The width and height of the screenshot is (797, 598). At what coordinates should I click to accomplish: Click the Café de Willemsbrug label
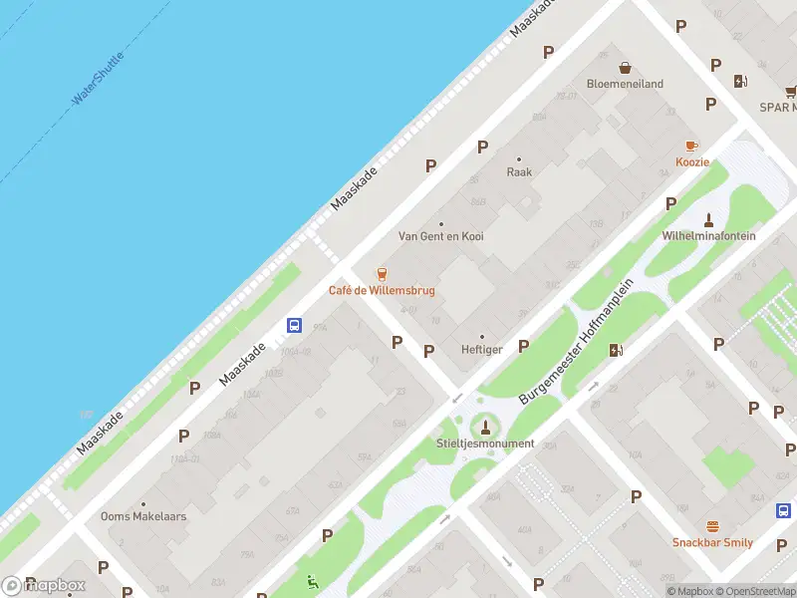click(382, 291)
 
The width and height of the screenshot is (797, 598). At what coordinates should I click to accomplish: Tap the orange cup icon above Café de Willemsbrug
click(381, 273)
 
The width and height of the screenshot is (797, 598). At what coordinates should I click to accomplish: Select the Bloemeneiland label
click(625, 85)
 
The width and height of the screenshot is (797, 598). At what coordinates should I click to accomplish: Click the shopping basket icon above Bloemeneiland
click(625, 68)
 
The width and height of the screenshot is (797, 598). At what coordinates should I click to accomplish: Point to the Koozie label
click(692, 162)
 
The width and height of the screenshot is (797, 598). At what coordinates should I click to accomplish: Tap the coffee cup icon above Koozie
click(692, 146)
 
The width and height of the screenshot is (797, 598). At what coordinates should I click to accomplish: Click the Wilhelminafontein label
click(709, 236)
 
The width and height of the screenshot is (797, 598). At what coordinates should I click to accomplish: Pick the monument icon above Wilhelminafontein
click(709, 219)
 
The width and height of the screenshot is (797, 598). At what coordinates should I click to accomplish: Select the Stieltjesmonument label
click(485, 444)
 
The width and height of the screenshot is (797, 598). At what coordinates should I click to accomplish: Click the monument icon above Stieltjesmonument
click(485, 426)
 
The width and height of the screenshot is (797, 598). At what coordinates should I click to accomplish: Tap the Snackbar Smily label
click(712, 543)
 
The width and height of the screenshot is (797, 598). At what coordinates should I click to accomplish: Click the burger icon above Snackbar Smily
click(712, 526)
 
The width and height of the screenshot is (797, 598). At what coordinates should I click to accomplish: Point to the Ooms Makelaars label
click(143, 516)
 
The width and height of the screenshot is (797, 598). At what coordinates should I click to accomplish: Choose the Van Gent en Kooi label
click(441, 236)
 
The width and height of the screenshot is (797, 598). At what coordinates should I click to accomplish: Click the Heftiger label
click(482, 350)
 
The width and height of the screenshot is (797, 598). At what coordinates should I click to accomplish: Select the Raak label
click(519, 171)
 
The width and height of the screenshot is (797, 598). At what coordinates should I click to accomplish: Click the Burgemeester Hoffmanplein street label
click(577, 341)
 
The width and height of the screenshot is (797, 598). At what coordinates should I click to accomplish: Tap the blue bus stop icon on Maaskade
click(295, 325)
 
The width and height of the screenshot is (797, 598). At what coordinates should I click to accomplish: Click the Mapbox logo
click(44, 586)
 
